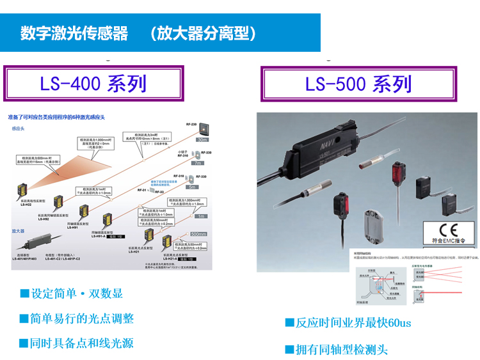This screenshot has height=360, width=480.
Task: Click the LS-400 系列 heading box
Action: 93,84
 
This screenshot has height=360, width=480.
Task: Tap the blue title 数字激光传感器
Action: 74,33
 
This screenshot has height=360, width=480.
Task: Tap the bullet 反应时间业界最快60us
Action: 348,323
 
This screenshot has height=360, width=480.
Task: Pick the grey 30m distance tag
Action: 202,139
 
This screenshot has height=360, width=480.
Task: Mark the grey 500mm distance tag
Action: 200,235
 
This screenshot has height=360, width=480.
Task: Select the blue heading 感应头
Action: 19,129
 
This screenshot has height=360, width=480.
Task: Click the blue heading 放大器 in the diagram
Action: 19,230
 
